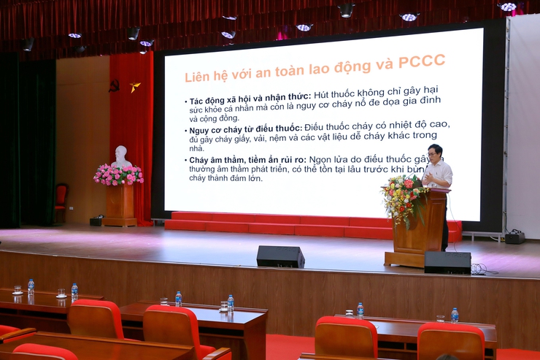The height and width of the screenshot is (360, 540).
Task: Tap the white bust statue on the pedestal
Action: point(121,156)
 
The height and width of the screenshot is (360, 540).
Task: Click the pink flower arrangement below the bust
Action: point(118,175)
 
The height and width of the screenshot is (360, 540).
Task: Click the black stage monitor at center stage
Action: point(280,256)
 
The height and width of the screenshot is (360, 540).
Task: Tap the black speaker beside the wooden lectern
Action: point(447,263)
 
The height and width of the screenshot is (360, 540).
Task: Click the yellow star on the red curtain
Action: point(135,86)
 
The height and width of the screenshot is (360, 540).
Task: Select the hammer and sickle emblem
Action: point(114,85)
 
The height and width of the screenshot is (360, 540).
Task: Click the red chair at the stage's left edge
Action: point(61,200)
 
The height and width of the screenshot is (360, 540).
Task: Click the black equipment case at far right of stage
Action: point(514,237)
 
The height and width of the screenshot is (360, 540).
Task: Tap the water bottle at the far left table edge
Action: point(31,286)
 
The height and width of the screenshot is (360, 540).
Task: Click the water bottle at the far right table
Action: point(455,315)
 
